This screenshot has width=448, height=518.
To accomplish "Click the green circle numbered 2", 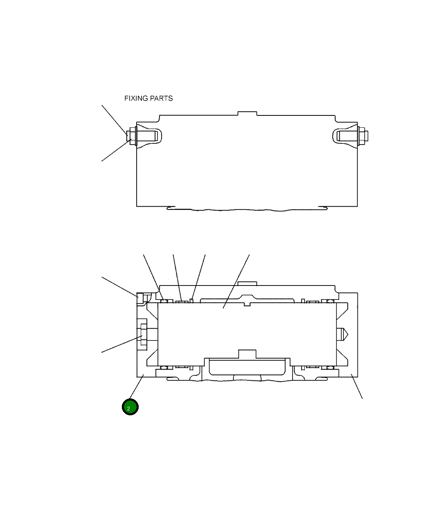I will [130, 407].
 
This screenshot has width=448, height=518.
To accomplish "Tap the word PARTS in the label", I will [162, 99].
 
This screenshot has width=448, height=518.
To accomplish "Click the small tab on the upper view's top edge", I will [247, 113].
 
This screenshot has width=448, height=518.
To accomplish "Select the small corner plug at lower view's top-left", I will [140, 297].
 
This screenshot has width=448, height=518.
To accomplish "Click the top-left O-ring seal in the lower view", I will [164, 302].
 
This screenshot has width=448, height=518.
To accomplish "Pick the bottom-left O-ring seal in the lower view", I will [164, 367].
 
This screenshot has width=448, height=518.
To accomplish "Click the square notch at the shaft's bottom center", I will [247, 354].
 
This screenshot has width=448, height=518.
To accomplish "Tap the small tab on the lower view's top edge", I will [247, 283].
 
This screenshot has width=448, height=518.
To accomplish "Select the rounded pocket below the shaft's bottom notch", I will [247, 366].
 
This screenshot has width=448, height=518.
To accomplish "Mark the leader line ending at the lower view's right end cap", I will [357, 386].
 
